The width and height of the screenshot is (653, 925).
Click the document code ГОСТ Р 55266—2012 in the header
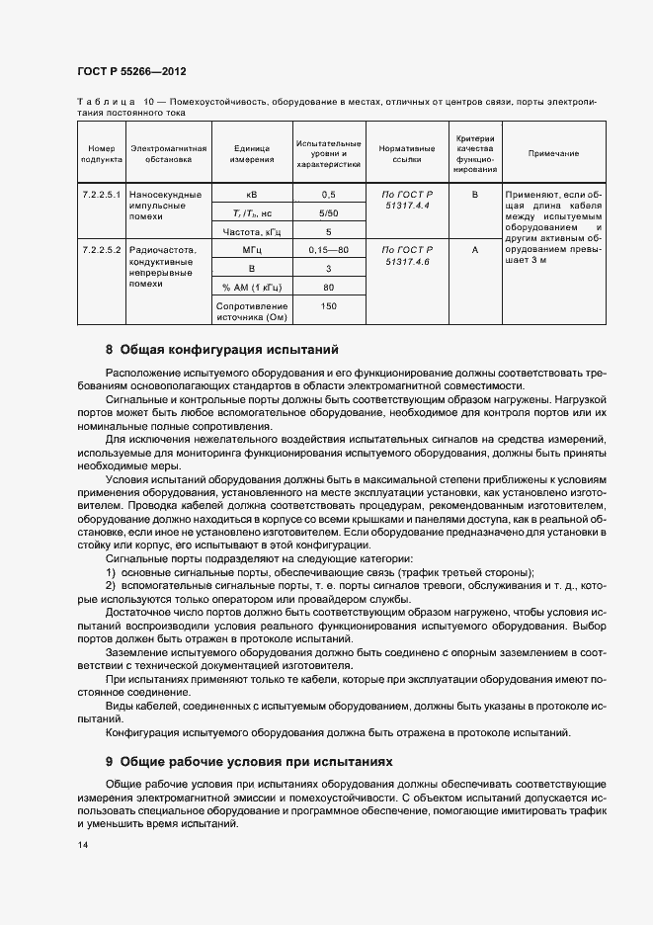[x=130, y=73]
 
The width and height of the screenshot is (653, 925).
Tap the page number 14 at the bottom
[x=82, y=847]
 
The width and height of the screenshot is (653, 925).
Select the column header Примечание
[x=553, y=153]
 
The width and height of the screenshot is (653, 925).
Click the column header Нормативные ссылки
[x=406, y=153]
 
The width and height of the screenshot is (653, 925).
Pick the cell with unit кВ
[x=251, y=195]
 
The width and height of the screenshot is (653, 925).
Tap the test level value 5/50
[x=328, y=213]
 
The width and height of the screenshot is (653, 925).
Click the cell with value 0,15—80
[x=328, y=251]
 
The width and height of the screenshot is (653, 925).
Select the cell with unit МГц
[x=251, y=251]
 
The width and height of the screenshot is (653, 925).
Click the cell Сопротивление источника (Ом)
[x=251, y=313]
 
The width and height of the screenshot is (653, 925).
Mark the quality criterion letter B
[x=474, y=195]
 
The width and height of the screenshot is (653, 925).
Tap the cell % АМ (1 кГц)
[x=251, y=288]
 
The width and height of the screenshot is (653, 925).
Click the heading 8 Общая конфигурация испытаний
[x=222, y=350]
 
